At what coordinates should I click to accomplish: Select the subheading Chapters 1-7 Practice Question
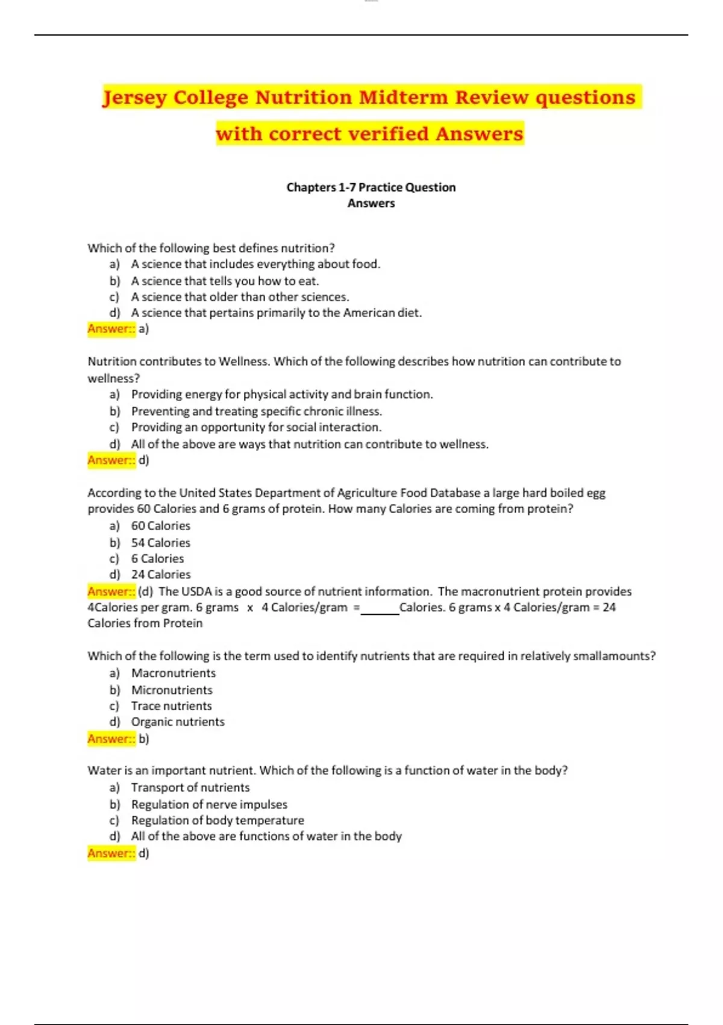(371, 188)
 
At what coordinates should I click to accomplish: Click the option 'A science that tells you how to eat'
(225, 281)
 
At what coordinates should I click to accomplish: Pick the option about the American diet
(276, 313)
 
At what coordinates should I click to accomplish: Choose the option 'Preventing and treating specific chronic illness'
(256, 411)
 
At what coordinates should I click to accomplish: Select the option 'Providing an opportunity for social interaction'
(256, 427)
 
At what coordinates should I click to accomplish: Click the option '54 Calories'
(160, 543)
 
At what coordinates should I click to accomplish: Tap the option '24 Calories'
(160, 575)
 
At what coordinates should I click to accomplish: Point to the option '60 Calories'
(160, 526)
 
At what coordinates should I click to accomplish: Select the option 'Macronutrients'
(173, 673)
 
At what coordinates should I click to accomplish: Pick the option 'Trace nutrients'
(171, 706)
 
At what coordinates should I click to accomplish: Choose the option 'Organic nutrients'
(178, 722)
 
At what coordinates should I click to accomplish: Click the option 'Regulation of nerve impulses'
(209, 804)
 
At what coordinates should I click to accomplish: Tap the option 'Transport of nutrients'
(190, 787)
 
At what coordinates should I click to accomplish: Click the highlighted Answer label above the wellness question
(111, 329)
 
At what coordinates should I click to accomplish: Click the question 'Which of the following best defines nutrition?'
(211, 248)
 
